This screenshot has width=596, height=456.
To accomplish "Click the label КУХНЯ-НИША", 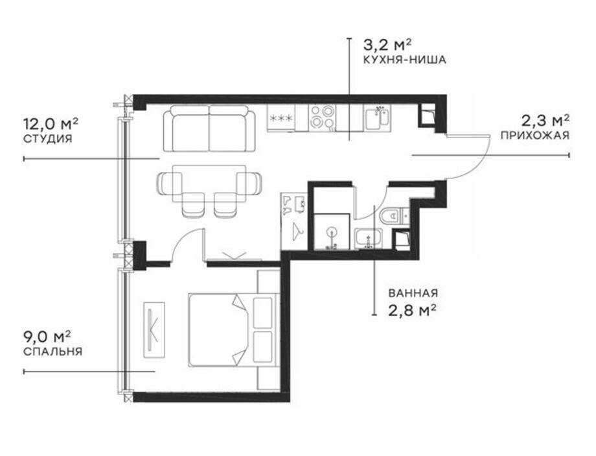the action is (x=404, y=60).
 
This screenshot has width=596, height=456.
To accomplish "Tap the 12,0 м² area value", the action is (x=51, y=124).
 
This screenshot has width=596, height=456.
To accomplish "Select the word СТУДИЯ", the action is (x=48, y=139).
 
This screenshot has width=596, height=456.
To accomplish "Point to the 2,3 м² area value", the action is (x=545, y=121).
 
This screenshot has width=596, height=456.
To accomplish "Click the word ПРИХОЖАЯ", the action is (x=535, y=135).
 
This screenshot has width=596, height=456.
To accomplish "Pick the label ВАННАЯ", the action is (x=413, y=293).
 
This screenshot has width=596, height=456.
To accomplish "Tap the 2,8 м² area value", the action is (x=411, y=311).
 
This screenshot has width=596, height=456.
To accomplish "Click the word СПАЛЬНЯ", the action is (x=53, y=351).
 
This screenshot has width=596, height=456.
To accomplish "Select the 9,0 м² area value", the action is (x=47, y=337).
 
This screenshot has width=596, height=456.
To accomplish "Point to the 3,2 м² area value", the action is (x=387, y=45).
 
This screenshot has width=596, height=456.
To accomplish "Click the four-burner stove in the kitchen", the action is (x=322, y=117).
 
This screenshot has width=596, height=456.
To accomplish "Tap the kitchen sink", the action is (x=376, y=117).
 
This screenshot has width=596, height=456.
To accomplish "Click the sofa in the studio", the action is (x=209, y=128).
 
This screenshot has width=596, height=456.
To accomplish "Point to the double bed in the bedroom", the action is (x=232, y=330).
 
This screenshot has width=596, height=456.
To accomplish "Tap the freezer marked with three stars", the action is (x=281, y=118).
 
